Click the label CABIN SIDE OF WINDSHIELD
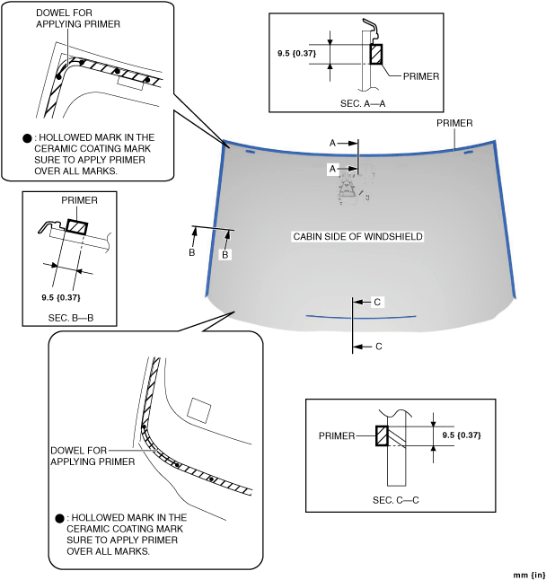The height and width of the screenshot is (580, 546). click(357, 237)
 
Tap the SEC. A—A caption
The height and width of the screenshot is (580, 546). click(363, 104)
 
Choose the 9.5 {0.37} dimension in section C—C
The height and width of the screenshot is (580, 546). click(462, 435)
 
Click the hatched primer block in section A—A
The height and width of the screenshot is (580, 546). click(375, 54)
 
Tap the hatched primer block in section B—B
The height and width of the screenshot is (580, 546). click(76, 226)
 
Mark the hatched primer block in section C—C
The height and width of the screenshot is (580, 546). click(383, 435)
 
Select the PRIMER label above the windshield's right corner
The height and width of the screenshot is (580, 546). click(454, 123)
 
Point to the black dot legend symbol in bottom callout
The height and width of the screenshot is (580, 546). click(59, 518)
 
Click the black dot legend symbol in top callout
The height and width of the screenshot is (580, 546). click(27, 138)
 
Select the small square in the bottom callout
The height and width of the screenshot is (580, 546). click(199, 411)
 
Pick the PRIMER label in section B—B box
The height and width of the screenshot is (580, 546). click(79, 201)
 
